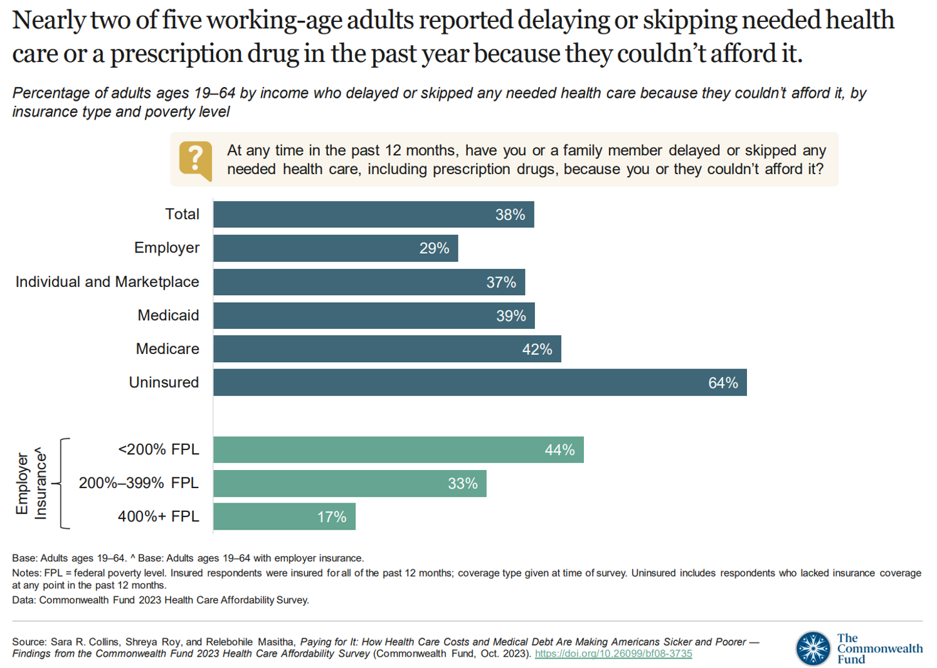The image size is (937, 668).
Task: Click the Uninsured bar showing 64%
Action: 480,382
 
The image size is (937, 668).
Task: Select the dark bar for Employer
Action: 336,248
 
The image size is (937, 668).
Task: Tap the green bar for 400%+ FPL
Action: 284,516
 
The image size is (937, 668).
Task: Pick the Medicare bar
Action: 387,349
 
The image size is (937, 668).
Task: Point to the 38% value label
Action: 510,215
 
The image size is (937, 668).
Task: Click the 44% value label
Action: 559,450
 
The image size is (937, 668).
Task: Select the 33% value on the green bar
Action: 462,484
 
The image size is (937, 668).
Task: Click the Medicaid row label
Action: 168,315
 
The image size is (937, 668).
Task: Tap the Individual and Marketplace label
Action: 107,282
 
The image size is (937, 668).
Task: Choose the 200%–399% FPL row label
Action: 139,483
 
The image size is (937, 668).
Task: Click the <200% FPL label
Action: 158,449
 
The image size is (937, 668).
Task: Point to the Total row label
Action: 182,214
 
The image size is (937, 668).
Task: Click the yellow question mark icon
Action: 195,160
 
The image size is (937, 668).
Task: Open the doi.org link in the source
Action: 613,654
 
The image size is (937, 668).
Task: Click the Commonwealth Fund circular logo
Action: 813,648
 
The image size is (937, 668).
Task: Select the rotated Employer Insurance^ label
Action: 31,483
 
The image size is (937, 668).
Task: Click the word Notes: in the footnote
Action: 26,573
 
